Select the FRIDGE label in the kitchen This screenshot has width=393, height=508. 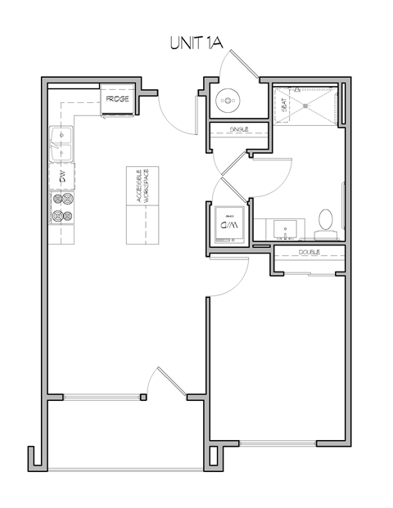pos(117,101)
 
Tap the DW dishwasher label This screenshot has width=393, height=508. pos(61,176)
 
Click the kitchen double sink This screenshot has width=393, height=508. pos(61,144)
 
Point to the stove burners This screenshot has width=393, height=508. pos(62,209)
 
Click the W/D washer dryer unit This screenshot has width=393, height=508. pos(225,222)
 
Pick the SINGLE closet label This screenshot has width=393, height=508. pos(238,129)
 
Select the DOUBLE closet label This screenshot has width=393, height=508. pos(309,253)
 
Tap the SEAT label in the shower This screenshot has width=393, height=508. pos(284,105)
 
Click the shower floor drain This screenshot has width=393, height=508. pos(309,105)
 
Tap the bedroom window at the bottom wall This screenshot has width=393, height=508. pos(278,444)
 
